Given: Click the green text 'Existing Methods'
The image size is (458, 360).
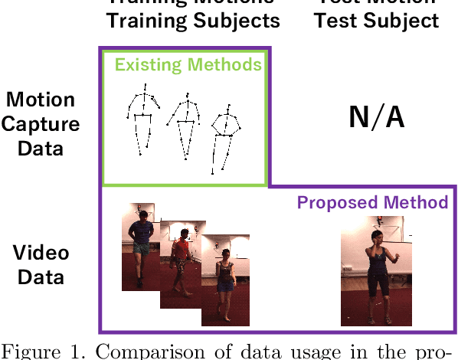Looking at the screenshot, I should coord(188,64).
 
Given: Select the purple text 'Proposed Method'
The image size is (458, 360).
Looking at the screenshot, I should coord(372,202).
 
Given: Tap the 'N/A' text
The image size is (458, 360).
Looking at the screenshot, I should coord(376,117).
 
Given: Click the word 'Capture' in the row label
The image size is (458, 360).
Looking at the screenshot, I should coord(40,123).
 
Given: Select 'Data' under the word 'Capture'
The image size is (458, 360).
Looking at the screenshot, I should coord(40,147).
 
